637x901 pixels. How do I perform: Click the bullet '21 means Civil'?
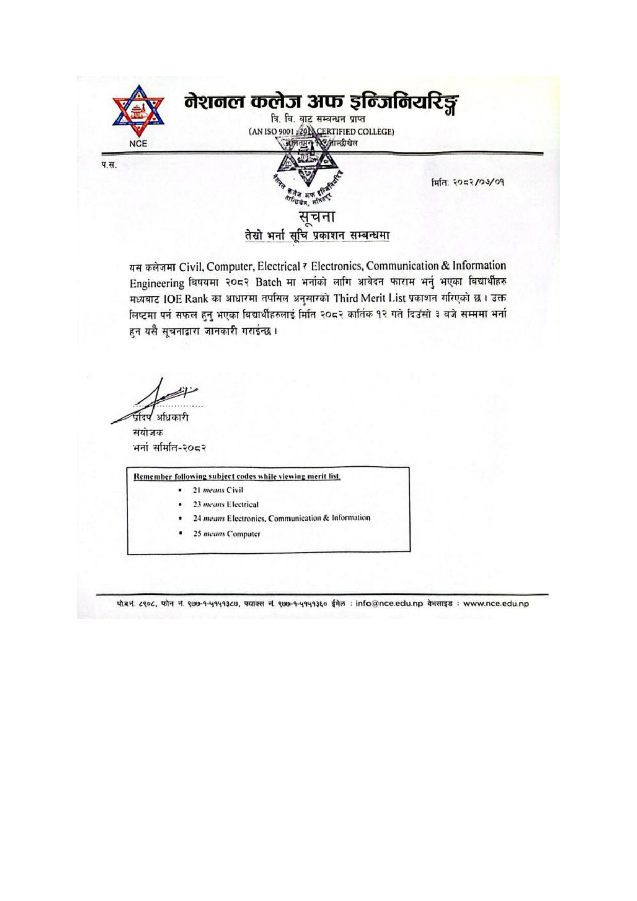(x=218, y=490)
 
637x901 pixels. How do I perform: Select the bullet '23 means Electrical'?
(x=225, y=504)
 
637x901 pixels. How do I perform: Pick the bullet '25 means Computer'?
(x=226, y=534)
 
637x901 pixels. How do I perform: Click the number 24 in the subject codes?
(x=197, y=518)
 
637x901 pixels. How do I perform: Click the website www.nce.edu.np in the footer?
(x=495, y=604)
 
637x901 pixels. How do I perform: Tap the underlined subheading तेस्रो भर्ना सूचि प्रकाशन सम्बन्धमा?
(x=317, y=235)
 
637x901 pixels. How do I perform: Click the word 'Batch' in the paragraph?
(x=268, y=282)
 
